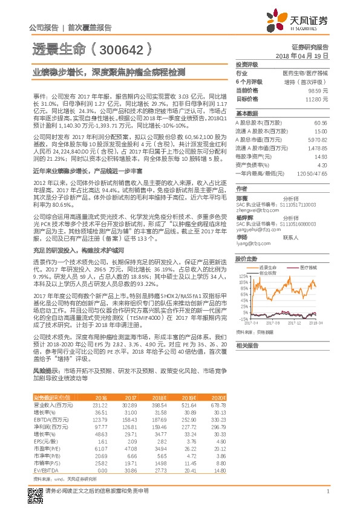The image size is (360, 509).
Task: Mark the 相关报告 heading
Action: point(247,345)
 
